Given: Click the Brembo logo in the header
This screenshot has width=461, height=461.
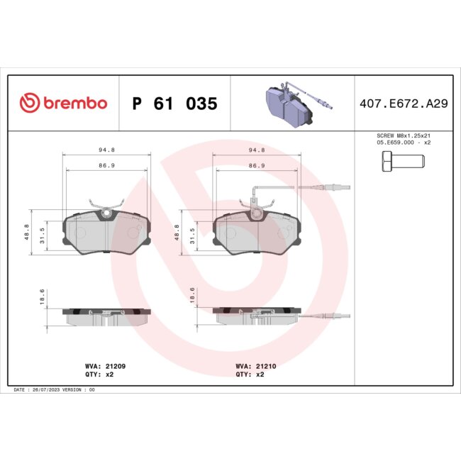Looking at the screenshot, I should coord(63,104).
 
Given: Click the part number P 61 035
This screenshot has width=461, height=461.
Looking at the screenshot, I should coord(174,104).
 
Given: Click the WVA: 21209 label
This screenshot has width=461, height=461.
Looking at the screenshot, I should coord(105,366).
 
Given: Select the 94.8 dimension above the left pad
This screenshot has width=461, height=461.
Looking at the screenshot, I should coord(107,150).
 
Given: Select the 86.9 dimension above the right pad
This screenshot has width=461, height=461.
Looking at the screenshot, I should coord(256,165).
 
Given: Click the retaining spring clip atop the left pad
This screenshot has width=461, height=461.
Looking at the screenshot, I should coord(107,207).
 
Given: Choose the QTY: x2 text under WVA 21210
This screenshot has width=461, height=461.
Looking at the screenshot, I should coord(250,374).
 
